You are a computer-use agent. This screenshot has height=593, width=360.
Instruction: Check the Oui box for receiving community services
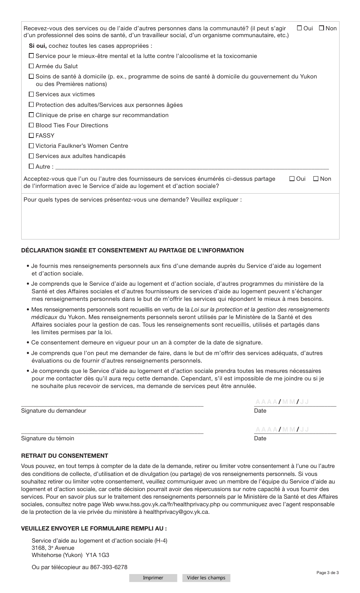(299, 28)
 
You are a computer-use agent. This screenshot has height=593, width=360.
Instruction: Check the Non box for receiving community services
(321, 28)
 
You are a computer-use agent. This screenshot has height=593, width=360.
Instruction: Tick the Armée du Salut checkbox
(31, 66)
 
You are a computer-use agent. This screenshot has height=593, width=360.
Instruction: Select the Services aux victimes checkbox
(31, 94)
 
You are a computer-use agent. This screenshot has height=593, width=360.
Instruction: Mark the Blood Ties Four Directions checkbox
(31, 125)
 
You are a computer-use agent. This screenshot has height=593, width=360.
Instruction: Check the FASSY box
(31, 136)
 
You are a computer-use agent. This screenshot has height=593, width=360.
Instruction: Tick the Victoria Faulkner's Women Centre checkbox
(31, 146)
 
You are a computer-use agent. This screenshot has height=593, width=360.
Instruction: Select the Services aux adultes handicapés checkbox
(31, 156)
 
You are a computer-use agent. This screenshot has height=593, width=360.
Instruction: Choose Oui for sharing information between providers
(292, 179)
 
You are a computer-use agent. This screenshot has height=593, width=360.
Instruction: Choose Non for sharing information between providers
(316, 179)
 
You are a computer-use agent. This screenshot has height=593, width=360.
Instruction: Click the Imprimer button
(153, 578)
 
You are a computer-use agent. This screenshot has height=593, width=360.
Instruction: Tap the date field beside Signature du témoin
(295, 429)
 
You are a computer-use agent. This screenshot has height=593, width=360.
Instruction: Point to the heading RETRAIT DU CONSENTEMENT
(64, 456)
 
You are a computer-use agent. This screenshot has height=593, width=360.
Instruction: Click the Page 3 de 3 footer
(327, 573)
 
